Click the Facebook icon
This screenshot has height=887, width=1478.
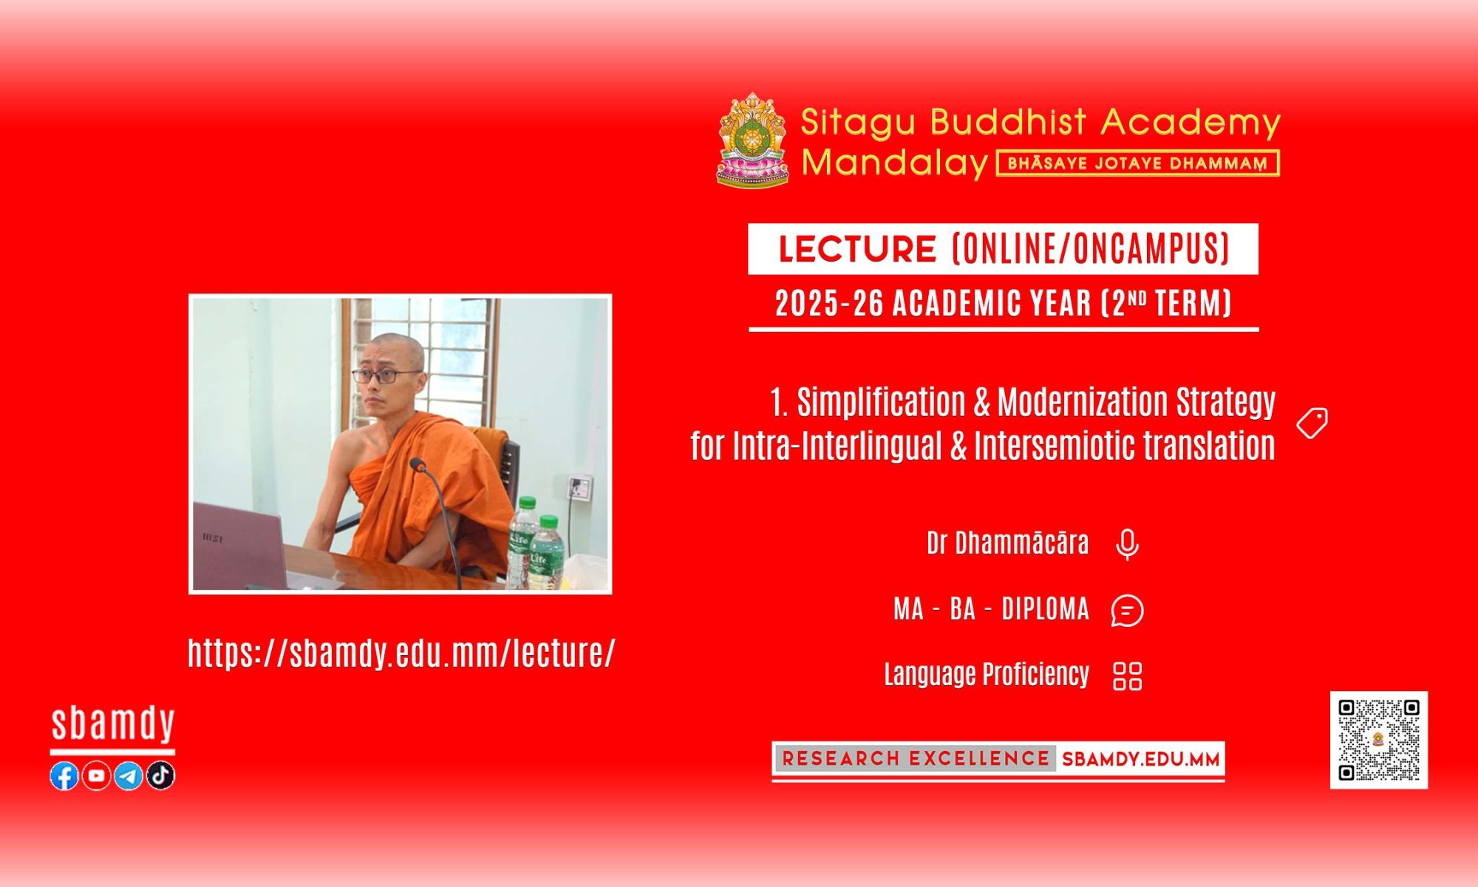[64, 775]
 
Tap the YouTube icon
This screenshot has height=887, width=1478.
[96, 775]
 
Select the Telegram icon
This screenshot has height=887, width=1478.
[129, 775]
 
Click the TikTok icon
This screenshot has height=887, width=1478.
[160, 775]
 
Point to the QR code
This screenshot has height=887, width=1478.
[1379, 740]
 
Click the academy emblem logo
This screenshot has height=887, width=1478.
[752, 140]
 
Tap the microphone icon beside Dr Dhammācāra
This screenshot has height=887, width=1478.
[1127, 545]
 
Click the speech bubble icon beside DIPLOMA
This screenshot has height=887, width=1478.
[1127, 611]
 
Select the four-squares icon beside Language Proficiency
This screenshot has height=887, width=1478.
[1128, 676]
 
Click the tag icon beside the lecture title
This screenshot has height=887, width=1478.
[1312, 423]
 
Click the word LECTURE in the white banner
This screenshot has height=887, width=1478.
[857, 249]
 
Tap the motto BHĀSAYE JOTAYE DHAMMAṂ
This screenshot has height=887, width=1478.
[1138, 163]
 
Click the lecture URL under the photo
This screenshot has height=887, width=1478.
[401, 653]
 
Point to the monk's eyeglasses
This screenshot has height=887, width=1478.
[386, 375]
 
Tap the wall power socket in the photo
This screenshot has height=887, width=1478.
[579, 487]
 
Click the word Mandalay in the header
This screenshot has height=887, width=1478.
[895, 163]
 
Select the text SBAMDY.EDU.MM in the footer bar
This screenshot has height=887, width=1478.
[1140, 759]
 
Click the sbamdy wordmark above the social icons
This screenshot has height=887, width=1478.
[113, 724]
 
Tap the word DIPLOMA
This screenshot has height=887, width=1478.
[1045, 610]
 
